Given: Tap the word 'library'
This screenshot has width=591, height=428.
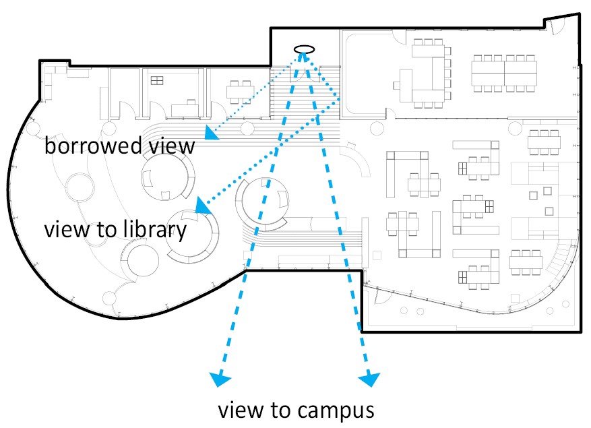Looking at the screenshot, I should (154, 230).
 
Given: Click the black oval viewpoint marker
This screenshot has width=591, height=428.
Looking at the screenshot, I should (304, 49).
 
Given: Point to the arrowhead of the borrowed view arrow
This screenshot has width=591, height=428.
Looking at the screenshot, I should (212, 135).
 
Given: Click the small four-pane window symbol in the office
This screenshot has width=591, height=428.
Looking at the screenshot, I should (157, 81).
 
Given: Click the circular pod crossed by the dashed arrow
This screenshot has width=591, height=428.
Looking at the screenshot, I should (265, 203).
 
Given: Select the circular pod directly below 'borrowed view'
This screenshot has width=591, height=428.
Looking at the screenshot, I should (166, 175).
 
